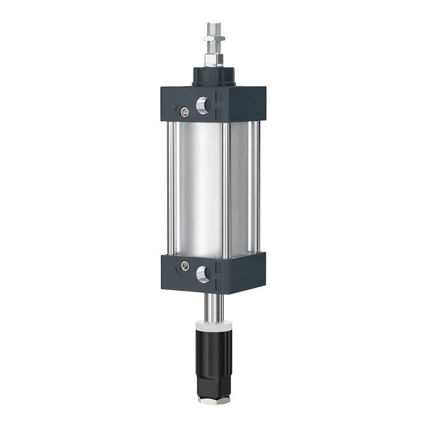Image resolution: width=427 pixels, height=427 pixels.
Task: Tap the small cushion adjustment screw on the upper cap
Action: (x=185, y=112)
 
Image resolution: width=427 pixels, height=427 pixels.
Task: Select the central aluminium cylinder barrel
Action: (x=200, y=187)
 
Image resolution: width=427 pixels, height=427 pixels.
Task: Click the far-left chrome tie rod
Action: (x=170, y=187)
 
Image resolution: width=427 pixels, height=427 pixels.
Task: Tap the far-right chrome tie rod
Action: (x=258, y=187)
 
